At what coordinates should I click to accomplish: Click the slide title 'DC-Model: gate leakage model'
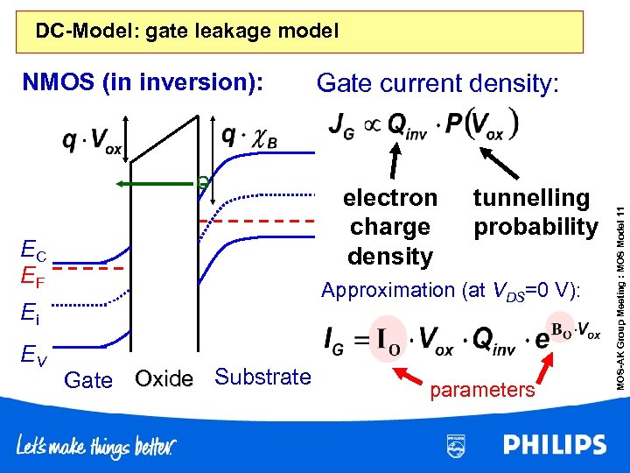click(x=186, y=32)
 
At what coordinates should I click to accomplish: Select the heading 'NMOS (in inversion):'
click(x=143, y=83)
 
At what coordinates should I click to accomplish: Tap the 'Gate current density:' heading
click(x=441, y=83)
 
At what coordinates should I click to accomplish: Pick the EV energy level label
click(x=35, y=355)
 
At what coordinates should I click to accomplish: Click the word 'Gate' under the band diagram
click(x=88, y=380)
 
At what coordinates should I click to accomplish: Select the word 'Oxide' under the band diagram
click(x=164, y=379)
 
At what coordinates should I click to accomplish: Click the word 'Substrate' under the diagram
click(x=262, y=378)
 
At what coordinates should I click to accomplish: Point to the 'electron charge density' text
click(x=389, y=227)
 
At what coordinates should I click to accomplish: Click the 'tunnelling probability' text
click(x=535, y=213)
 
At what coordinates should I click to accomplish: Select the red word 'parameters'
click(x=482, y=391)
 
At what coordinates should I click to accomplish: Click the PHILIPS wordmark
click(x=554, y=445)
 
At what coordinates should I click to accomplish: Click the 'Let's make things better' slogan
click(x=96, y=448)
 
